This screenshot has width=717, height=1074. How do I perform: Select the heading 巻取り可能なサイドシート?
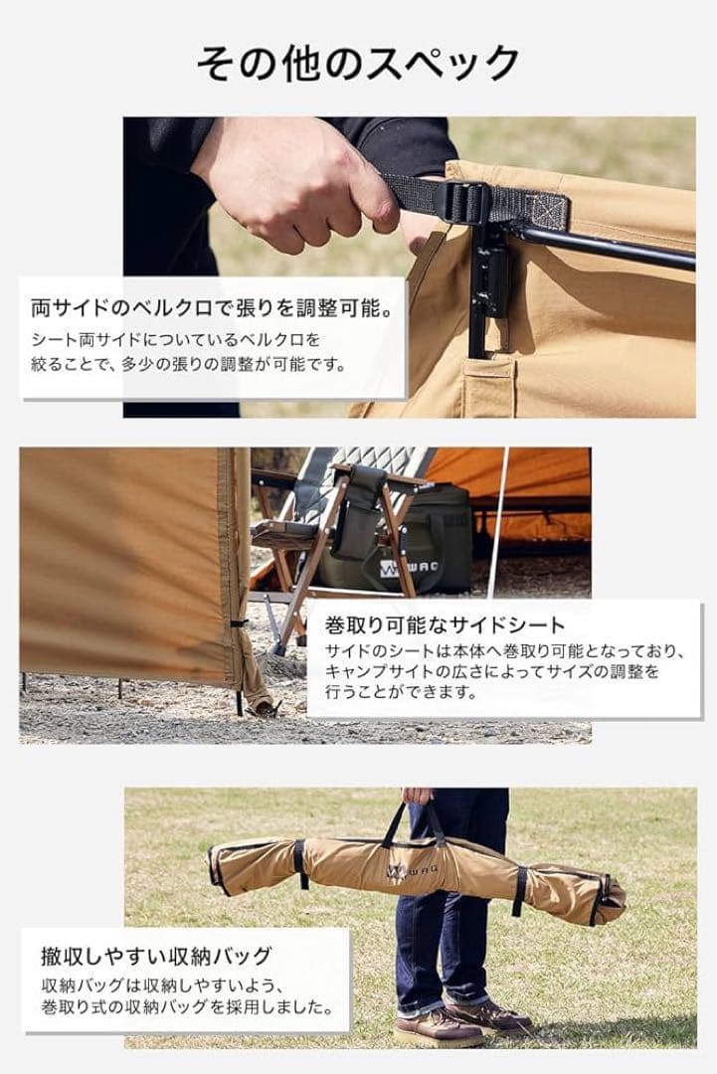coord(445,626)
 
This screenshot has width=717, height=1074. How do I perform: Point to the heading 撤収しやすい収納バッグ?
coord(156,957)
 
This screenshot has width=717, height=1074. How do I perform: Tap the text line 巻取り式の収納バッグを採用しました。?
coord(186,1007)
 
